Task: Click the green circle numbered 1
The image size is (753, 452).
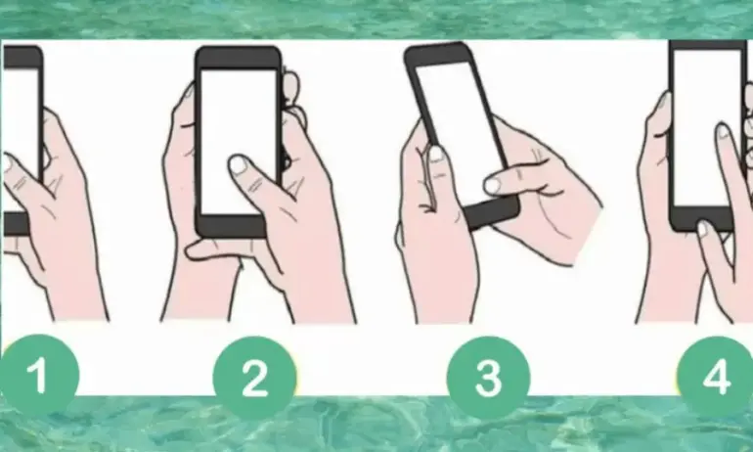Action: pyautogui.click(x=38, y=376)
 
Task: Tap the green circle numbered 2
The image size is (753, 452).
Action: pyautogui.click(x=254, y=378)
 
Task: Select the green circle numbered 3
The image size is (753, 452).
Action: pyautogui.click(x=488, y=378)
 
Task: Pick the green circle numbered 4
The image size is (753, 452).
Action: pyautogui.click(x=718, y=378)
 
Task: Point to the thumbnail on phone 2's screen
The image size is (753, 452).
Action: pyautogui.click(x=239, y=164)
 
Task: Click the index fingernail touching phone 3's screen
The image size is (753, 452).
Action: pyautogui.click(x=492, y=185)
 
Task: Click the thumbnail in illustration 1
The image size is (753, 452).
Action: pyautogui.click(x=7, y=162)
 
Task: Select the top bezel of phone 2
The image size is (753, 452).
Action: pyautogui.click(x=239, y=58)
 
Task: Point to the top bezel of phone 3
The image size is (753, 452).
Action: pyautogui.click(x=438, y=54)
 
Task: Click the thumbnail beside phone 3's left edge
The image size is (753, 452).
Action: pyautogui.click(x=437, y=154)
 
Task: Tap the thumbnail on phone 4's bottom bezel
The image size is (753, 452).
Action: pyautogui.click(x=702, y=229)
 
